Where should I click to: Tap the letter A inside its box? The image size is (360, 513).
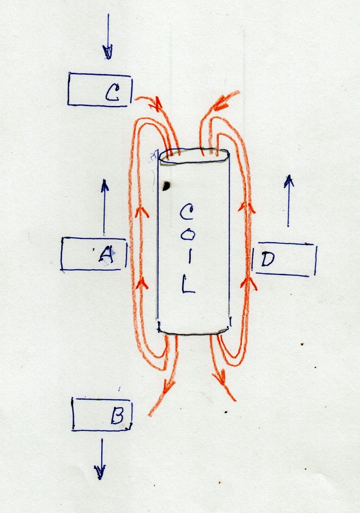[x=106, y=254]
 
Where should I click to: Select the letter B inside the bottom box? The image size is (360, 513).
[x=117, y=415]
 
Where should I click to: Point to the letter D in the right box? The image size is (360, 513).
[x=268, y=259]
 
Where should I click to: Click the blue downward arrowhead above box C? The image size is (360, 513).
[x=108, y=52]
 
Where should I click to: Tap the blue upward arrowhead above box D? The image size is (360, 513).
[x=289, y=181]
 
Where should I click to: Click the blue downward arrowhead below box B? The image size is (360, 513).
[x=100, y=472]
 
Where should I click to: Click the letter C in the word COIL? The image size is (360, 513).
[x=186, y=212]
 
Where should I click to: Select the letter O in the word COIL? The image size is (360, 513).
[x=188, y=234]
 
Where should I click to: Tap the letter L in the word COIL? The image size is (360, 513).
[x=188, y=284]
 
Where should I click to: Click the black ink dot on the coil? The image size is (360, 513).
[x=166, y=186]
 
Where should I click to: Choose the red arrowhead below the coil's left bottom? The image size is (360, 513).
[x=168, y=387]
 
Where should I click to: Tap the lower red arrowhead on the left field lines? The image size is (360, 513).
[x=142, y=283]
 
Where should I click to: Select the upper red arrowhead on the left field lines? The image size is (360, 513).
[x=142, y=211]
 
